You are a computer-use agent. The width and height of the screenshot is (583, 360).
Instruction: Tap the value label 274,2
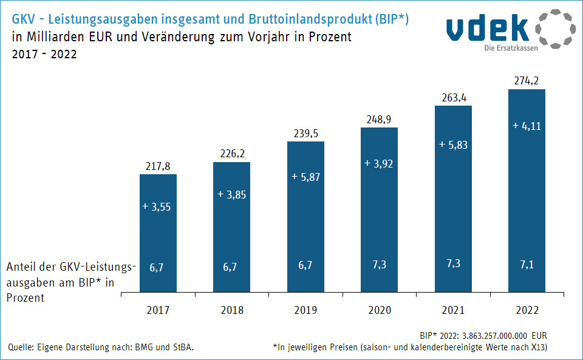pyautogui.click(x=527, y=81)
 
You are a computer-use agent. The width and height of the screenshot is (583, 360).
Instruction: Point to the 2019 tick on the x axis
pyautogui.click(x=305, y=310)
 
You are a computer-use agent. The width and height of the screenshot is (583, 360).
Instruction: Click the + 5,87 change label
pyautogui.click(x=305, y=177)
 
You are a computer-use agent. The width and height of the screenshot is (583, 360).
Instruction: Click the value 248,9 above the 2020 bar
pyautogui.click(x=379, y=120)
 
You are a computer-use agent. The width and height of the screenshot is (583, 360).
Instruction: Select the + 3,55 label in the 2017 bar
pyautogui.click(x=158, y=206)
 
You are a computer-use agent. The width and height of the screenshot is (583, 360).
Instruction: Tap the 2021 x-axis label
pyautogui.click(x=453, y=310)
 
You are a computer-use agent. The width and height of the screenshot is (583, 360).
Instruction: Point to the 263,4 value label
pyautogui.click(x=453, y=98)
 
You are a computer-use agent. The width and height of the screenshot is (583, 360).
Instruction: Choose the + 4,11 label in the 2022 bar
pyautogui.click(x=527, y=126)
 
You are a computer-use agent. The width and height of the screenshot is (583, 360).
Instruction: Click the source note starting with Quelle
pyautogui.click(x=101, y=347)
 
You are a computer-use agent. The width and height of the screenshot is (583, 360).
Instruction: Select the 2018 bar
pyautogui.click(x=231, y=228)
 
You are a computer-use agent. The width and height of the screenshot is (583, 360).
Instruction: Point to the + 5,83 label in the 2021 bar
pyautogui.click(x=453, y=145)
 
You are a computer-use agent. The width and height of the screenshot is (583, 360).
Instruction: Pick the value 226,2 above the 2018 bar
pyautogui.click(x=231, y=154)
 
